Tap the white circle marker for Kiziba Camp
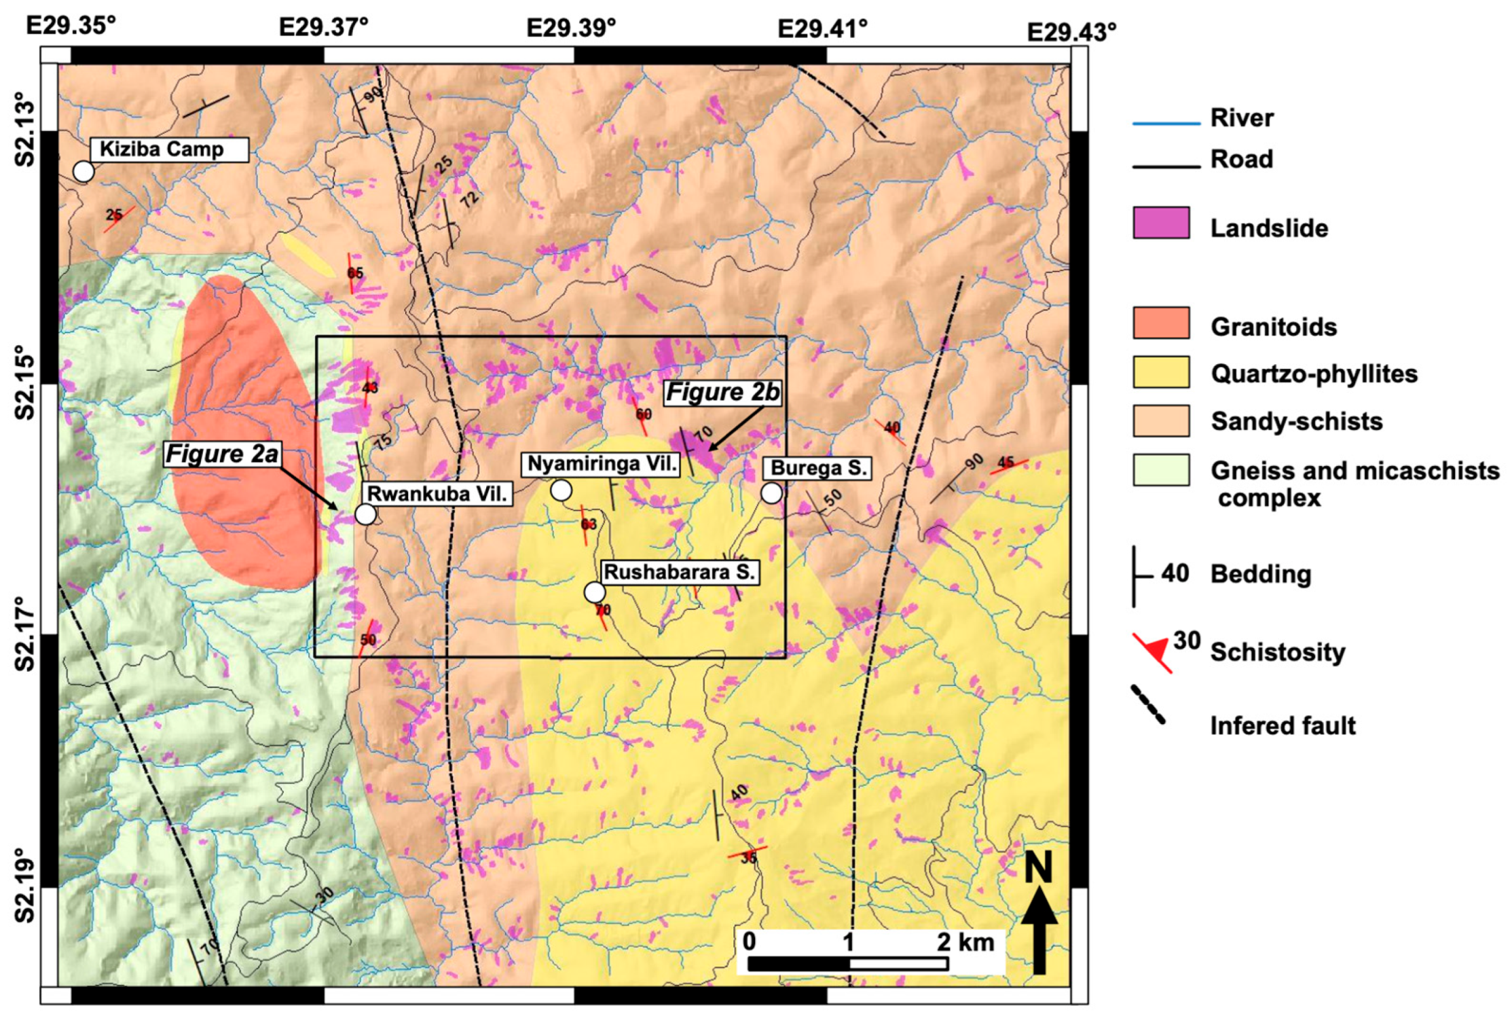(84, 171)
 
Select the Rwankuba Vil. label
(437, 494)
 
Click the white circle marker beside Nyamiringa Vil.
(561, 490)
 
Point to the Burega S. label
(818, 468)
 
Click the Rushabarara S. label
(679, 572)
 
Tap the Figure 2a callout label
(222, 454)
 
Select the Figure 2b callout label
(722, 393)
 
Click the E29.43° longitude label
(1071, 32)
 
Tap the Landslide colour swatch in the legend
(1160, 223)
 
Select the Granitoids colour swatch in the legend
(1160, 323)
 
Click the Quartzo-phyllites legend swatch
(1160, 372)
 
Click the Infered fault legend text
(1282, 725)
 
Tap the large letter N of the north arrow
(1038, 868)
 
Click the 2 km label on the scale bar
(965, 942)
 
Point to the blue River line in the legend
(1166, 124)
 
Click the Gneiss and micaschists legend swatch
(1160, 470)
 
